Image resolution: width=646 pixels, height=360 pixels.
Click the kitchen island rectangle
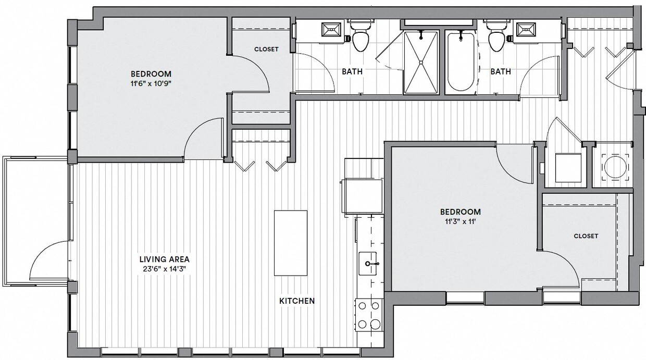pyautogui.click(x=291, y=243)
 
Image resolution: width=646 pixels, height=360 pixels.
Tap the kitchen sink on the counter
pyautogui.click(x=370, y=264)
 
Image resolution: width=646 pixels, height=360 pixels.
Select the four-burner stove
pyautogui.click(x=368, y=315)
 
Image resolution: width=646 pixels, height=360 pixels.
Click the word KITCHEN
pyautogui.click(x=297, y=301)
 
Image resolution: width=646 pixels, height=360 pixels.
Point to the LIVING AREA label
pyautogui.click(x=164, y=259)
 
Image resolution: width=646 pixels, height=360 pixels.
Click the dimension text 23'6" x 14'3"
pyautogui.click(x=164, y=269)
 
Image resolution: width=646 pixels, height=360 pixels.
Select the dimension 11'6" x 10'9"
pyautogui.click(x=151, y=84)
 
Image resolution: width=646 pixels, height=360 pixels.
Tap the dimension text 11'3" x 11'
pyautogui.click(x=461, y=222)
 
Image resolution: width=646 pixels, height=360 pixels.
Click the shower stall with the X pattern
pyautogui.click(x=421, y=63)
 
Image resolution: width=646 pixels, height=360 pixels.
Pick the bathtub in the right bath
pyautogui.click(x=461, y=61)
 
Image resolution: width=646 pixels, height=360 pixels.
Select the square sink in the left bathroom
pyautogui.click(x=331, y=30)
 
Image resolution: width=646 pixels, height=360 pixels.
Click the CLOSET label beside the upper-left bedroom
pyautogui.click(x=266, y=49)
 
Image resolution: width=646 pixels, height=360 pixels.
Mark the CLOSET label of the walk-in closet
pyautogui.click(x=586, y=236)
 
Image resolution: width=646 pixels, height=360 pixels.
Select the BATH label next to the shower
pyautogui.click(x=352, y=71)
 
